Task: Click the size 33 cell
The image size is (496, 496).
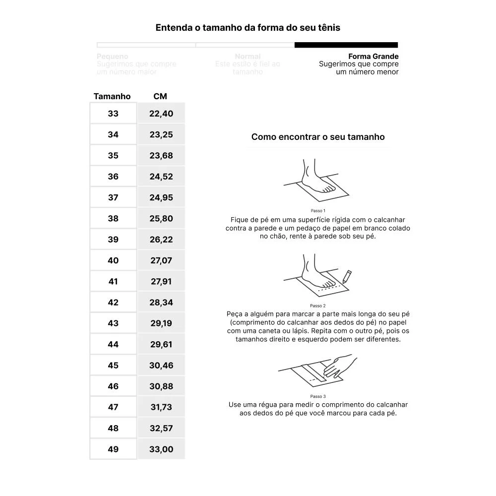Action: coord(113,114)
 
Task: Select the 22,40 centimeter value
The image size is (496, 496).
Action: coord(161,114)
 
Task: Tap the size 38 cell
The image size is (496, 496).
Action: coord(113,218)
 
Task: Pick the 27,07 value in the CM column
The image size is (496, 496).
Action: coord(161,260)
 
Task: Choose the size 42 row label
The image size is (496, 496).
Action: coord(113,302)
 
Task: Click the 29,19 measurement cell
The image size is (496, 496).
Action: coord(161,323)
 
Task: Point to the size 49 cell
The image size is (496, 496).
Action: coord(113,449)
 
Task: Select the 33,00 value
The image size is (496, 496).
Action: coord(161,449)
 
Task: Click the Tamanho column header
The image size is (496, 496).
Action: coord(112,96)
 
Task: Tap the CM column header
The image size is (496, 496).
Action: coord(160,96)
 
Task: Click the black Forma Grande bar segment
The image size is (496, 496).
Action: coord(346,45)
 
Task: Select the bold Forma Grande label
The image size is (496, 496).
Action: coord(373,57)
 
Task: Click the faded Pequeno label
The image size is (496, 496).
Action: coord(113,57)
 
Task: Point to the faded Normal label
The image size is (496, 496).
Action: coord(248,57)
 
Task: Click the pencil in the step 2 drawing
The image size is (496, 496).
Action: coord(347,276)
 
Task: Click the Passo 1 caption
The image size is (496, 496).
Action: coord(318,211)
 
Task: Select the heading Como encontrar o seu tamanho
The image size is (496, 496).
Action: coord(318,137)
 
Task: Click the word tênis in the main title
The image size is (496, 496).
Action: coord(328,28)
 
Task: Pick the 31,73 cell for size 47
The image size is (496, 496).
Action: coord(161,407)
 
